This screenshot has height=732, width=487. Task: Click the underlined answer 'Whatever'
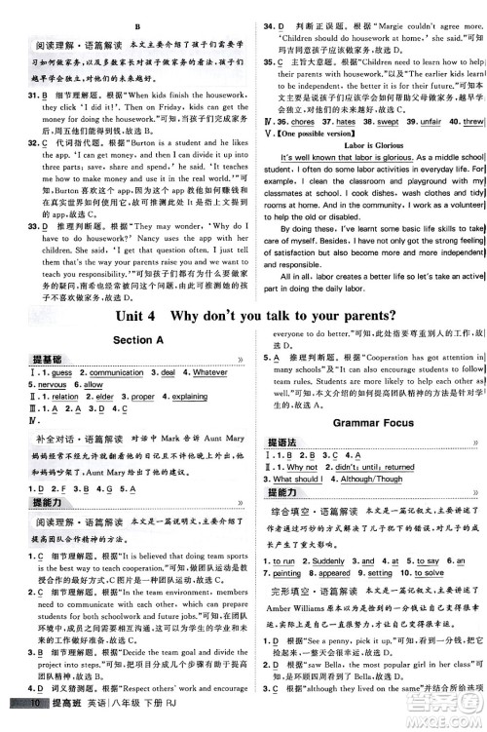208,372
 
